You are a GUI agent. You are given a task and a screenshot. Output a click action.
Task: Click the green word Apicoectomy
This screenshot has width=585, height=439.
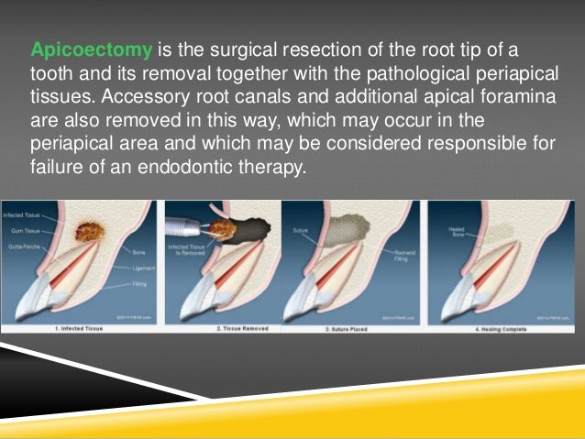91,48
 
